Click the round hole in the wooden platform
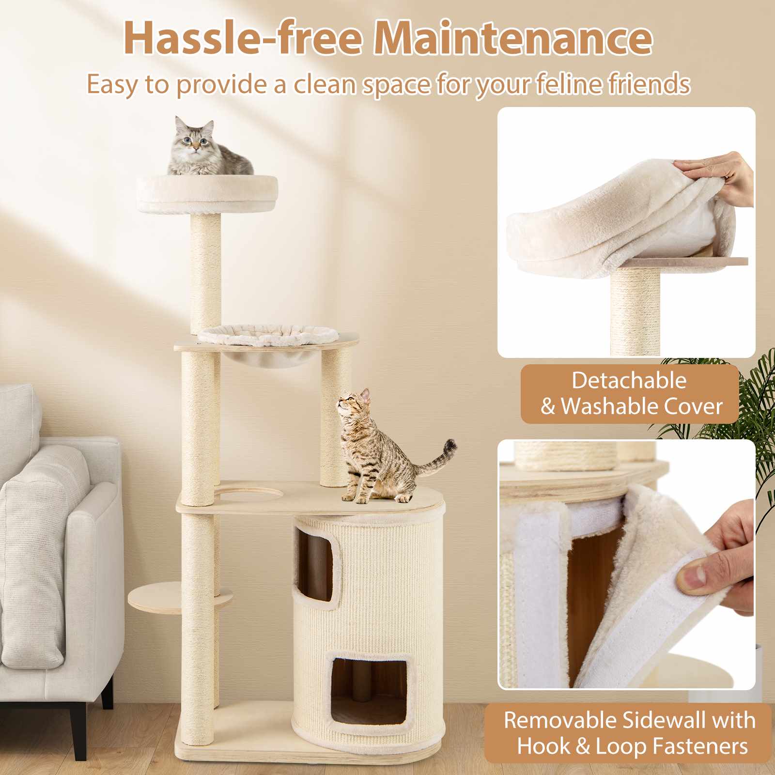tap(248, 495)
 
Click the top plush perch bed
tap(207, 194)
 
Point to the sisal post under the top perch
tap(205, 271)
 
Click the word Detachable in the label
tap(629, 381)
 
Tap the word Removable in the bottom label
tap(562, 720)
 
